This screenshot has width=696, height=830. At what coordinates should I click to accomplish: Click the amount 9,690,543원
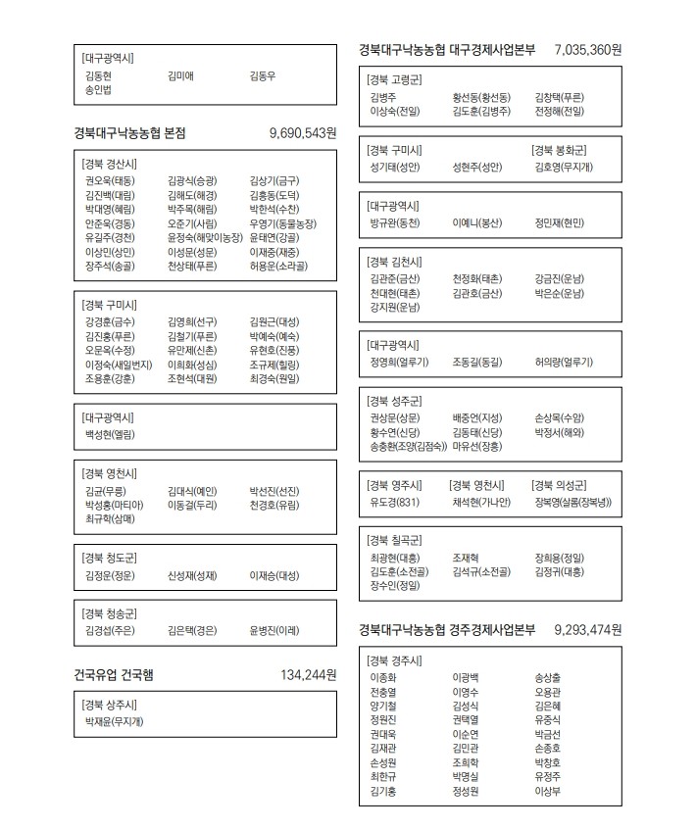[x=302, y=133]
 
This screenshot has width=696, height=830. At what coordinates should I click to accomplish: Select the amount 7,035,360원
[x=587, y=49]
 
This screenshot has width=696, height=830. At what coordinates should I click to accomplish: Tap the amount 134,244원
[x=308, y=675]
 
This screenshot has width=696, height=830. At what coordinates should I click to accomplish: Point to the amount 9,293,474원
[x=587, y=629]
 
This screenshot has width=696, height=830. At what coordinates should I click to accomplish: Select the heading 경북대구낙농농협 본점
[x=129, y=133]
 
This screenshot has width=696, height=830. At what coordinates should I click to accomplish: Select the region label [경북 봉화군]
[x=559, y=150]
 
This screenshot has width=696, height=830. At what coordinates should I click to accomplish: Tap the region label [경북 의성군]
[x=559, y=485]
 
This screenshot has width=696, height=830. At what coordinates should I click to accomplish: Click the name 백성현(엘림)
[x=110, y=434]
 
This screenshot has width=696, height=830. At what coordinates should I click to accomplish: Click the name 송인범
[x=99, y=91]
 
